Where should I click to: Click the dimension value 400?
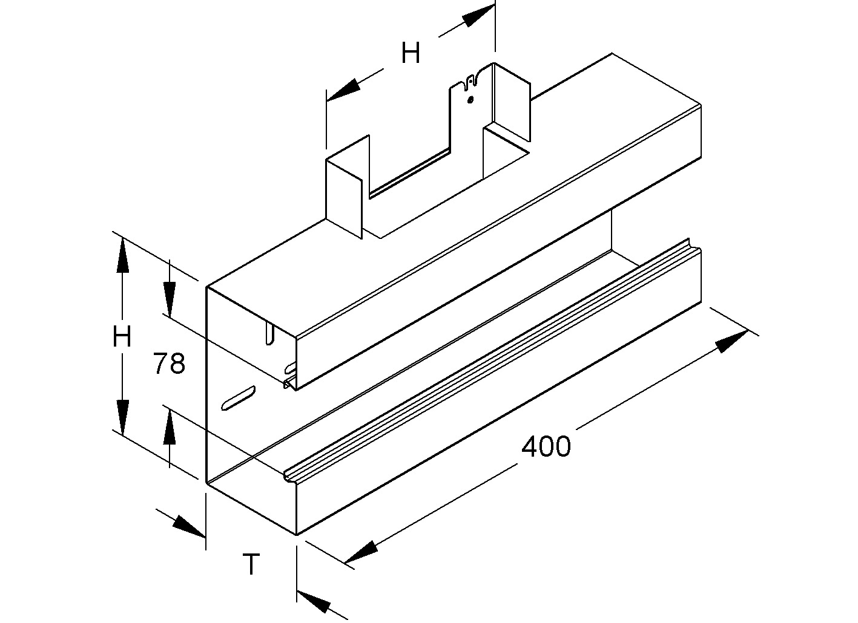click(546, 447)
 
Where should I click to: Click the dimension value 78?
click(169, 364)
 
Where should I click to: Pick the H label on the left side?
click(122, 336)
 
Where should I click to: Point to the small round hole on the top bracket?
click(470, 100)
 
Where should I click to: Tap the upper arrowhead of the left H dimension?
click(123, 254)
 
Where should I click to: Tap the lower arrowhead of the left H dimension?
click(123, 417)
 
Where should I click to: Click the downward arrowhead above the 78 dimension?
click(170, 299)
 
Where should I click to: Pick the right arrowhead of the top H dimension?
click(478, 18)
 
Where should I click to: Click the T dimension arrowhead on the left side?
click(190, 526)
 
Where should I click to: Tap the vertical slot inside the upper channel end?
click(269, 333)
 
